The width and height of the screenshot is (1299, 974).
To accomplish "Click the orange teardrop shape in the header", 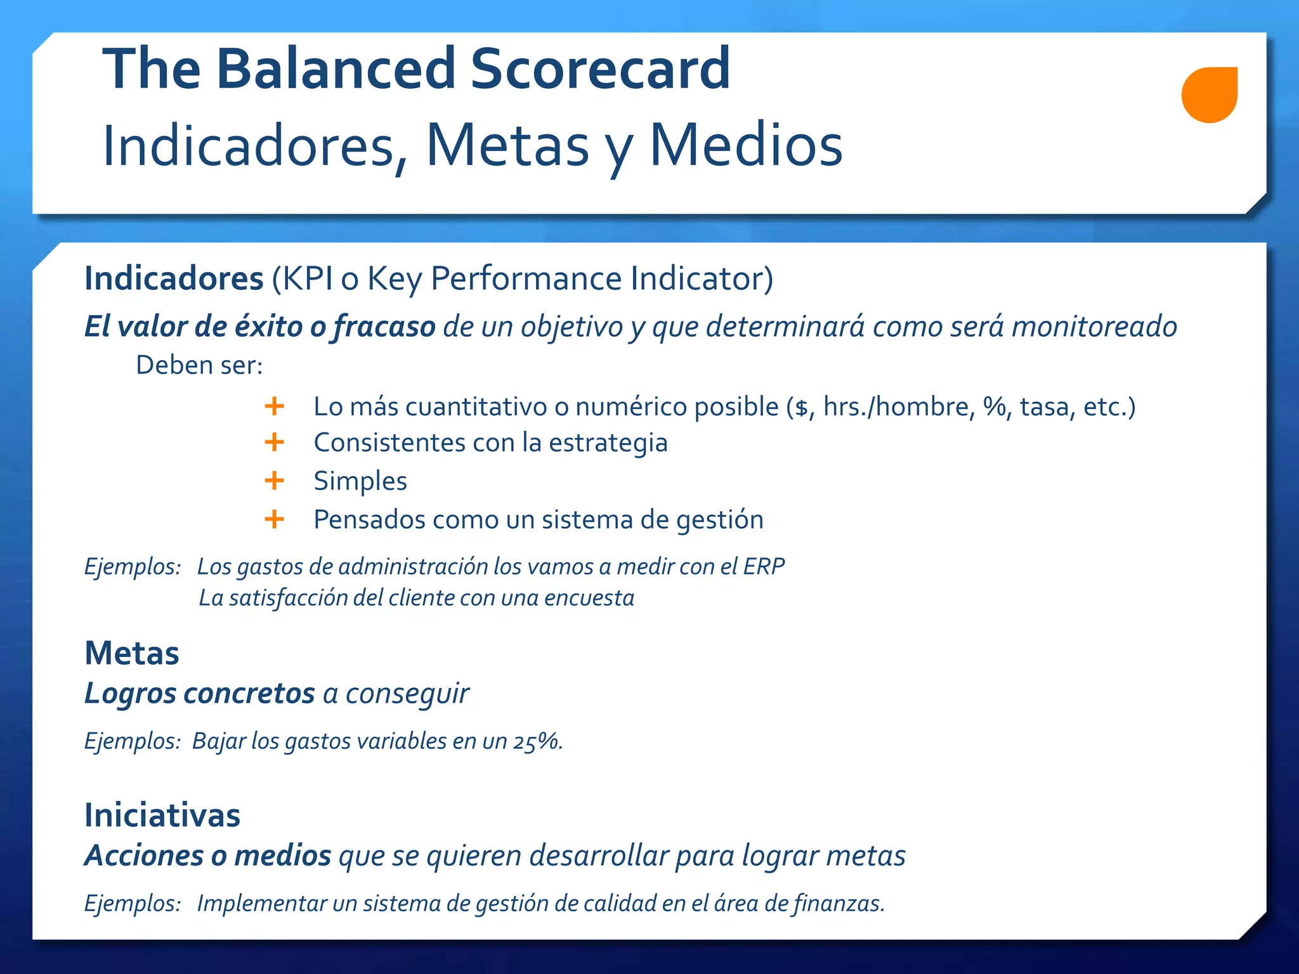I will pyautogui.click(x=1209, y=94).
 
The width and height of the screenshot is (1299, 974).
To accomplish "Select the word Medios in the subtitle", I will pyautogui.click(x=746, y=146).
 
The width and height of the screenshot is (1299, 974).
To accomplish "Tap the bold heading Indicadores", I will pyautogui.click(x=174, y=278).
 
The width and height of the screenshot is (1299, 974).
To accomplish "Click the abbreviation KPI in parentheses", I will pyautogui.click(x=307, y=278).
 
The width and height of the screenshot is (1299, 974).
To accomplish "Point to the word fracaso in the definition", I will pyautogui.click(x=384, y=327).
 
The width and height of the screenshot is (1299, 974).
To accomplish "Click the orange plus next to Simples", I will pyautogui.click(x=274, y=481).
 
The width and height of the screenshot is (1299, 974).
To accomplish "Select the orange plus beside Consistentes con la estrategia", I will pyautogui.click(x=274, y=442).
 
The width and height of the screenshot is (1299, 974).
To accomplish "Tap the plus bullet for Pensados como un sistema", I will pyautogui.click(x=274, y=519).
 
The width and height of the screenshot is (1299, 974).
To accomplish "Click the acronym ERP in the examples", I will pyautogui.click(x=764, y=566).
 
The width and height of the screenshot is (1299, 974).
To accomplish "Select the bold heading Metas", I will pyautogui.click(x=132, y=653).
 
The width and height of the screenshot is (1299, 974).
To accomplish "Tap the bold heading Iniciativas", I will pyautogui.click(x=162, y=815).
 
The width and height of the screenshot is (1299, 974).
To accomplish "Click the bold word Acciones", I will pyautogui.click(x=145, y=855).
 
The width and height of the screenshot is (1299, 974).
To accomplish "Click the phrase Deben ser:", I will pyautogui.click(x=199, y=366).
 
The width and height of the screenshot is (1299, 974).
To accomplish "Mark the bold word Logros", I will pyautogui.click(x=130, y=694).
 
